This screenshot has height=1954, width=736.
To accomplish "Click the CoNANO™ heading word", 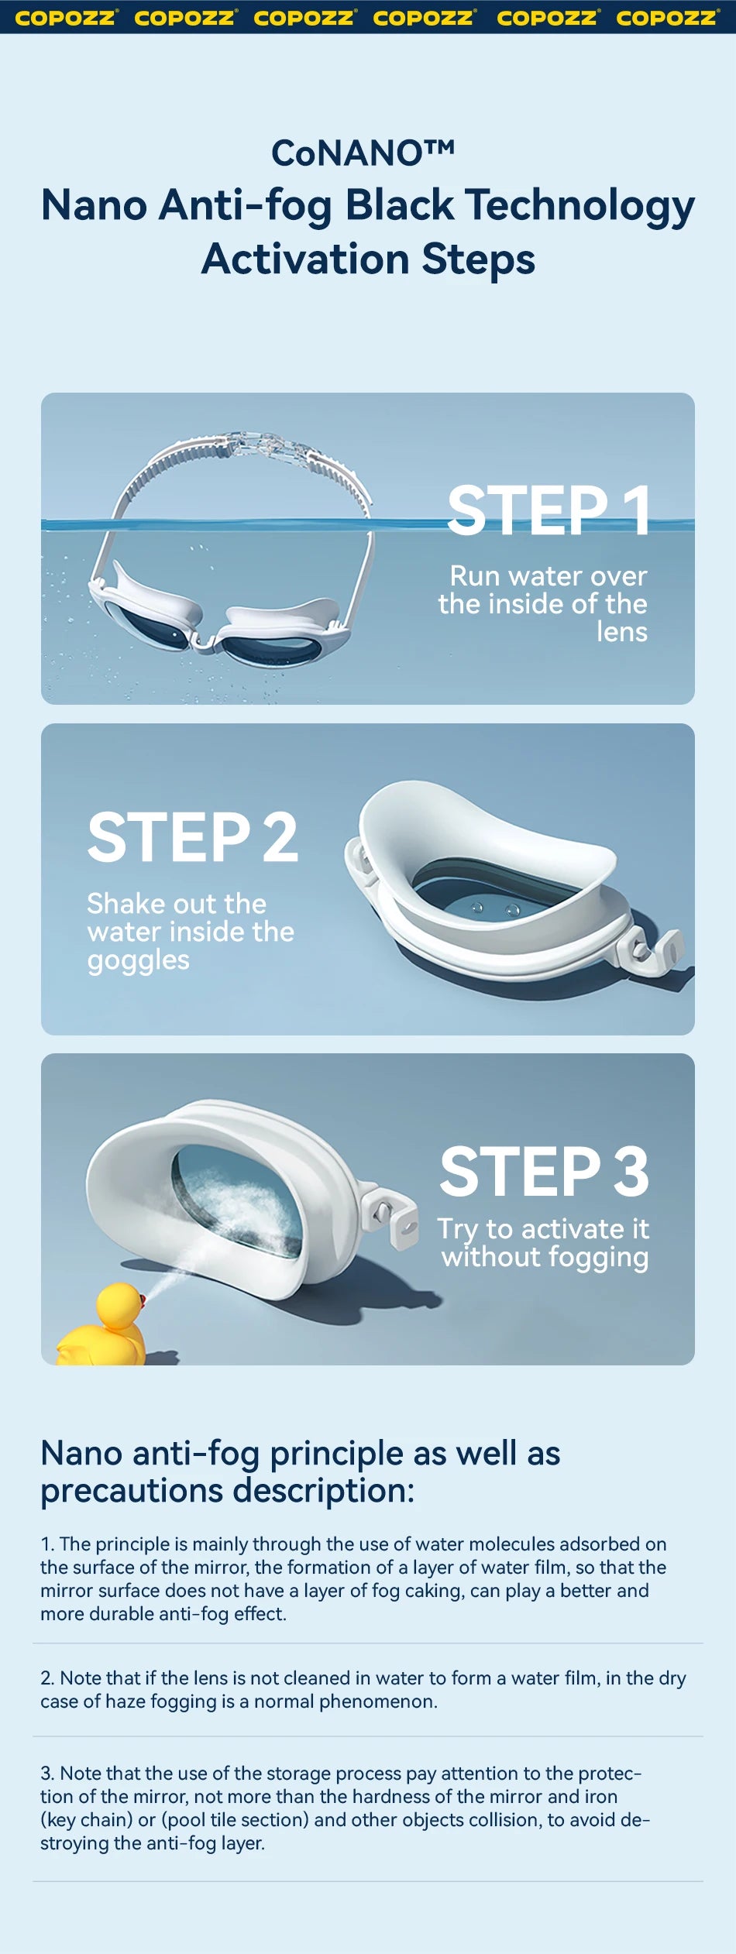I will (x=363, y=153).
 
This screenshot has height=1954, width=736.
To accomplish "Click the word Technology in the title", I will (x=580, y=206).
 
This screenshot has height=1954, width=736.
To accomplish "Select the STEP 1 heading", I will (x=549, y=511).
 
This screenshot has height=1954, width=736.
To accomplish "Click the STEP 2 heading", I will (x=192, y=838).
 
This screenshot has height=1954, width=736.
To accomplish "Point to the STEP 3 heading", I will (x=544, y=1172).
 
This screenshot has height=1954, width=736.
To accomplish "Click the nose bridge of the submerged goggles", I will (x=203, y=640).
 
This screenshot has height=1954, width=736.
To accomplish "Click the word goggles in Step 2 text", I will (x=138, y=960).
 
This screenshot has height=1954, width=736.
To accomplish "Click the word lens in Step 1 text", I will (x=621, y=632).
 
